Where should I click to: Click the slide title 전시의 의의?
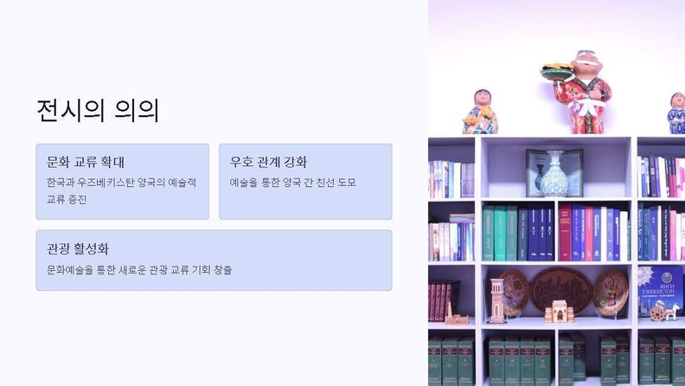tap(98, 111)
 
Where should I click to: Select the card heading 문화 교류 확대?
tap(86, 162)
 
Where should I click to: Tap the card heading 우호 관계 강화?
tap(269, 162)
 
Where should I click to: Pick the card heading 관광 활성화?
tap(78, 248)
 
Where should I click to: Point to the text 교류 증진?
tap(67, 199)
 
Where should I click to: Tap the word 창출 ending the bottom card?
tap(222, 270)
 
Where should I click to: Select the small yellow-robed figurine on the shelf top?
tap(480, 112)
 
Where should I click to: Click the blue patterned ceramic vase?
tap(554, 175)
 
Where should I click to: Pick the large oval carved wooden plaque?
tap(561, 289)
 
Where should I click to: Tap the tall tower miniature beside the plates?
tap(497, 301)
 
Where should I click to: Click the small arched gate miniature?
tap(560, 312)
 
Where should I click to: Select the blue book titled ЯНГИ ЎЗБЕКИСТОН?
tap(660, 291)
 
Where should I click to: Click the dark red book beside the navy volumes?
tap(565, 232)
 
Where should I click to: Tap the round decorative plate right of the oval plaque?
tap(611, 293)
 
